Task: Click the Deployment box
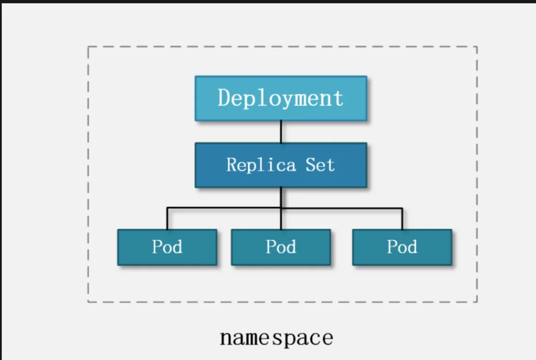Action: tap(281, 98)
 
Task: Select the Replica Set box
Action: tap(281, 165)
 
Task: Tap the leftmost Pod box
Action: tap(167, 247)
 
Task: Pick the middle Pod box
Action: tap(281, 247)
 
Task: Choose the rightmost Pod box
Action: tap(402, 247)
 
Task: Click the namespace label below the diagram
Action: tap(276, 338)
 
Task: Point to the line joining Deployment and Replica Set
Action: tap(281, 132)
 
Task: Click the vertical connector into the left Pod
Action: tap(167, 219)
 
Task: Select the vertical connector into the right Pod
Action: tap(402, 219)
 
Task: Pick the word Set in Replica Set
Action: tap(320, 165)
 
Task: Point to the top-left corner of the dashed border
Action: tap(88, 47)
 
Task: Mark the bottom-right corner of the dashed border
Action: tap(477, 302)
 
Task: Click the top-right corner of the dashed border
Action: tap(477, 47)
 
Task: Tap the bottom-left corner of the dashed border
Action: tap(88, 302)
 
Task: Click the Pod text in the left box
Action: tap(167, 247)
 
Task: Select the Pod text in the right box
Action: tap(402, 247)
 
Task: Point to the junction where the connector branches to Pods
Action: tap(281, 208)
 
